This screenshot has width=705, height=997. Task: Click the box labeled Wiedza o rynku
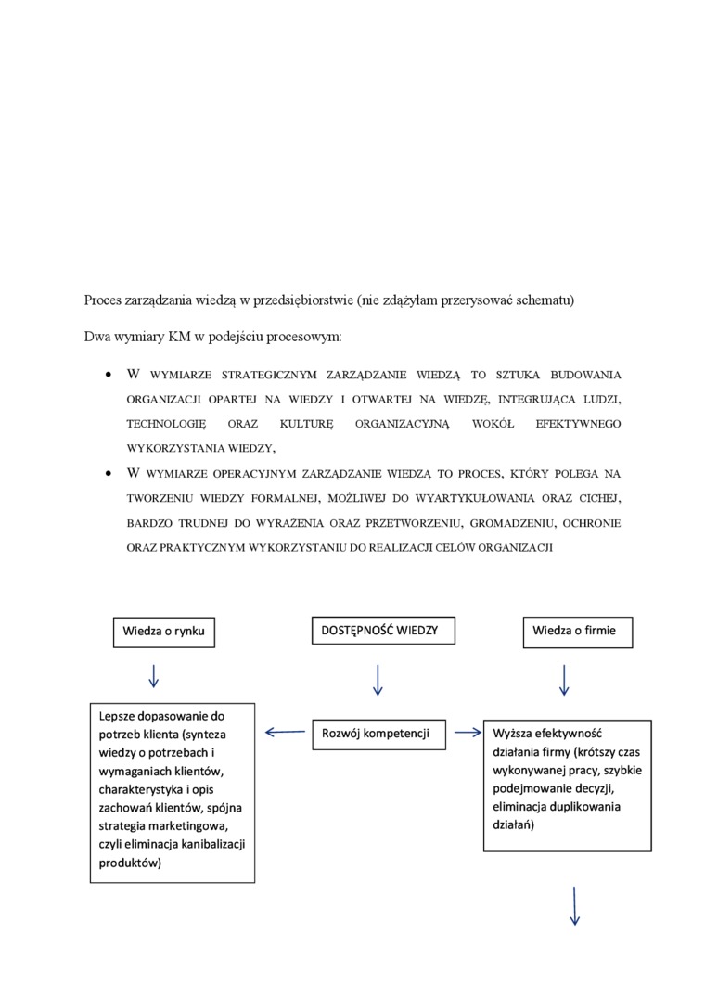[x=163, y=632]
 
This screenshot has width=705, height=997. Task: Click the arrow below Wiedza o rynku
[x=153, y=675]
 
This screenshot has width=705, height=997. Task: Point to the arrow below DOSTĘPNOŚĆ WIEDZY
[x=378, y=680]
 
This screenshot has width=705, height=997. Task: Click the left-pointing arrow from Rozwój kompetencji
[x=285, y=733]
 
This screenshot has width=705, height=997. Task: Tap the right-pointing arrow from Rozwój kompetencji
[x=468, y=733]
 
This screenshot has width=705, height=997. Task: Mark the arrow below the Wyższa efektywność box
[x=575, y=906]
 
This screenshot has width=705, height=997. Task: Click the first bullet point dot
[x=109, y=376]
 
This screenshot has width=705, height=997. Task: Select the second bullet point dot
[x=109, y=473]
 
